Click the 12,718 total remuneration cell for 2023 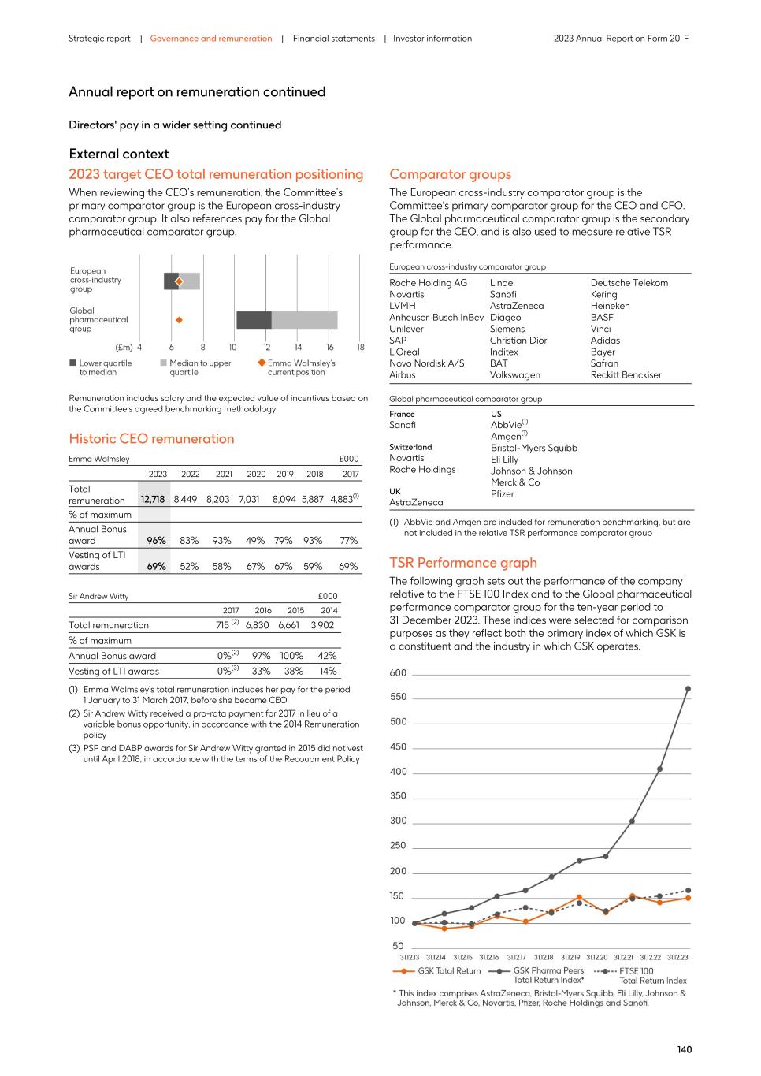153,499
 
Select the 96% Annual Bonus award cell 156,540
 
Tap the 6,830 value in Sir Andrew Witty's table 258,625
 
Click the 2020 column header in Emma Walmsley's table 256,474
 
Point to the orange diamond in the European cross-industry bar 179,281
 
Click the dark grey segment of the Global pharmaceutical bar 254,320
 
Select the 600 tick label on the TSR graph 398,673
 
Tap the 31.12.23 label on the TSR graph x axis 677,957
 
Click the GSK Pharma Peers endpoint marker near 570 688,689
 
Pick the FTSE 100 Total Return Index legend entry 640,976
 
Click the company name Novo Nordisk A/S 426,363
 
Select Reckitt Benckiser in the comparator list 626,374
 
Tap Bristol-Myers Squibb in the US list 533,448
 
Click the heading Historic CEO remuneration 151,439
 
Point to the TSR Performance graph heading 462,563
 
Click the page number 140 684,1049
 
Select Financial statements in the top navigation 333,39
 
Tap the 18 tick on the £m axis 360,347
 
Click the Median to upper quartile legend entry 199,367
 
